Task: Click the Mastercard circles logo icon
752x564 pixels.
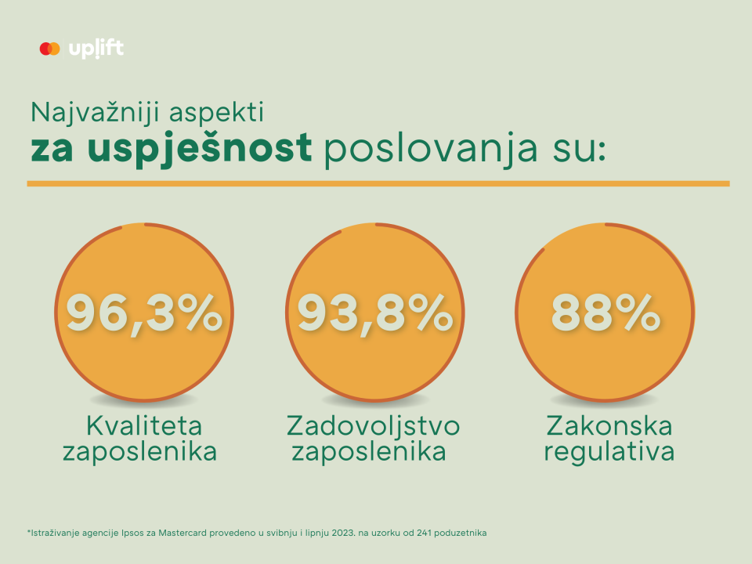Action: coord(49,49)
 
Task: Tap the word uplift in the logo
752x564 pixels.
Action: coord(96,49)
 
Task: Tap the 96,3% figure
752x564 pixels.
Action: coord(144,313)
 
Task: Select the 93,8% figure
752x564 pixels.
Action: coord(375,313)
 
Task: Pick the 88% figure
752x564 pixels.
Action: coord(606,313)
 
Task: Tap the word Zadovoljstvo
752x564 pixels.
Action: coord(374,426)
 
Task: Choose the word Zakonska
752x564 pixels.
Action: coord(609,426)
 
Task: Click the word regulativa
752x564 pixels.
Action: coord(609,453)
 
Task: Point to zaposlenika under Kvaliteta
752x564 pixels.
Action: coord(141,453)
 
